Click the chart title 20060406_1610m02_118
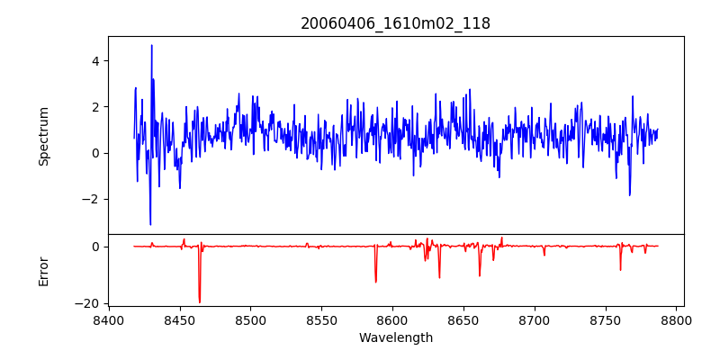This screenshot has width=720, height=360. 395,23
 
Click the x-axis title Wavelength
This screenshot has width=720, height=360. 395,338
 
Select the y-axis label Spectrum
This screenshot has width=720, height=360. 43,136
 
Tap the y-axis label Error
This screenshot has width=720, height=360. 43,270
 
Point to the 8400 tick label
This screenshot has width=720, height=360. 108,320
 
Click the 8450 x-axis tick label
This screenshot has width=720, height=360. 179,320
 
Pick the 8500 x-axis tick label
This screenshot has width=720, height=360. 250,320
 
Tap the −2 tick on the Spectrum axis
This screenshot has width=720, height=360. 91,200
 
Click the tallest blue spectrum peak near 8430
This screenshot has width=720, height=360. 151,45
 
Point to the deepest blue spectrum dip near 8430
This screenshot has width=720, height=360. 150,224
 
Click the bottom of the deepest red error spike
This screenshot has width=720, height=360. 200,302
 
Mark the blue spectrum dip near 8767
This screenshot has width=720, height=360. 630,195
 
